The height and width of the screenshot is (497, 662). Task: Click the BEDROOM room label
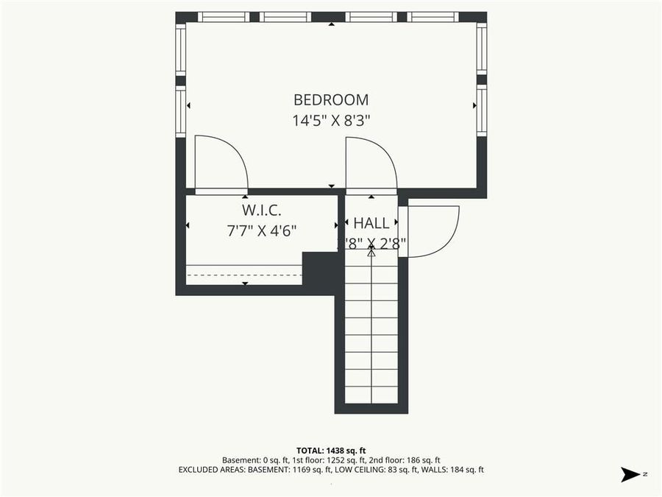coord(331,99)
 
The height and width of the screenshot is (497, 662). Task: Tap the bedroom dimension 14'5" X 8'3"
coord(331,121)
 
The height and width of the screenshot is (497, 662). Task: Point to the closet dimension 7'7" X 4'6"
coord(261,230)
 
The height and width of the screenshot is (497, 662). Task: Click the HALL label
coord(371,222)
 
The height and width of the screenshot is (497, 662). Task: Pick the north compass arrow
coord(630,474)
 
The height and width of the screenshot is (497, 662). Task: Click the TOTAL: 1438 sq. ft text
coord(331,450)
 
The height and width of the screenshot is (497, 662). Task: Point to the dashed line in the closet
coord(244,275)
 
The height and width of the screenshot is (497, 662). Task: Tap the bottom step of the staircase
coord(371,395)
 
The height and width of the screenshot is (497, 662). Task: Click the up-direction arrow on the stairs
coord(371,253)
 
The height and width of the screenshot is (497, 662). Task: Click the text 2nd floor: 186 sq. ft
coord(407,459)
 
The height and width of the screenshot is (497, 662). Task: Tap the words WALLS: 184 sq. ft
coord(460,469)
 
